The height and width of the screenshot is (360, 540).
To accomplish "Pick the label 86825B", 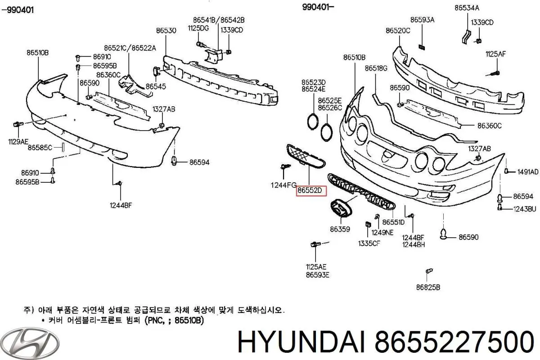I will (427, 287).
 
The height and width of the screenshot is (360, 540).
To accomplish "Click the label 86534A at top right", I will (467, 8).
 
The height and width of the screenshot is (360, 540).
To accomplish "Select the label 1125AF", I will (495, 54).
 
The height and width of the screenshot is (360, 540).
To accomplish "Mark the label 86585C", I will (40, 147).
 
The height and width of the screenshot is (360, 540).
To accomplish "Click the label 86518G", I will (376, 68).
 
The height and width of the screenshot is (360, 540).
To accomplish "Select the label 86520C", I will (398, 31).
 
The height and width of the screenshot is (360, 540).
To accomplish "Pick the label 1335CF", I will (368, 243).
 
